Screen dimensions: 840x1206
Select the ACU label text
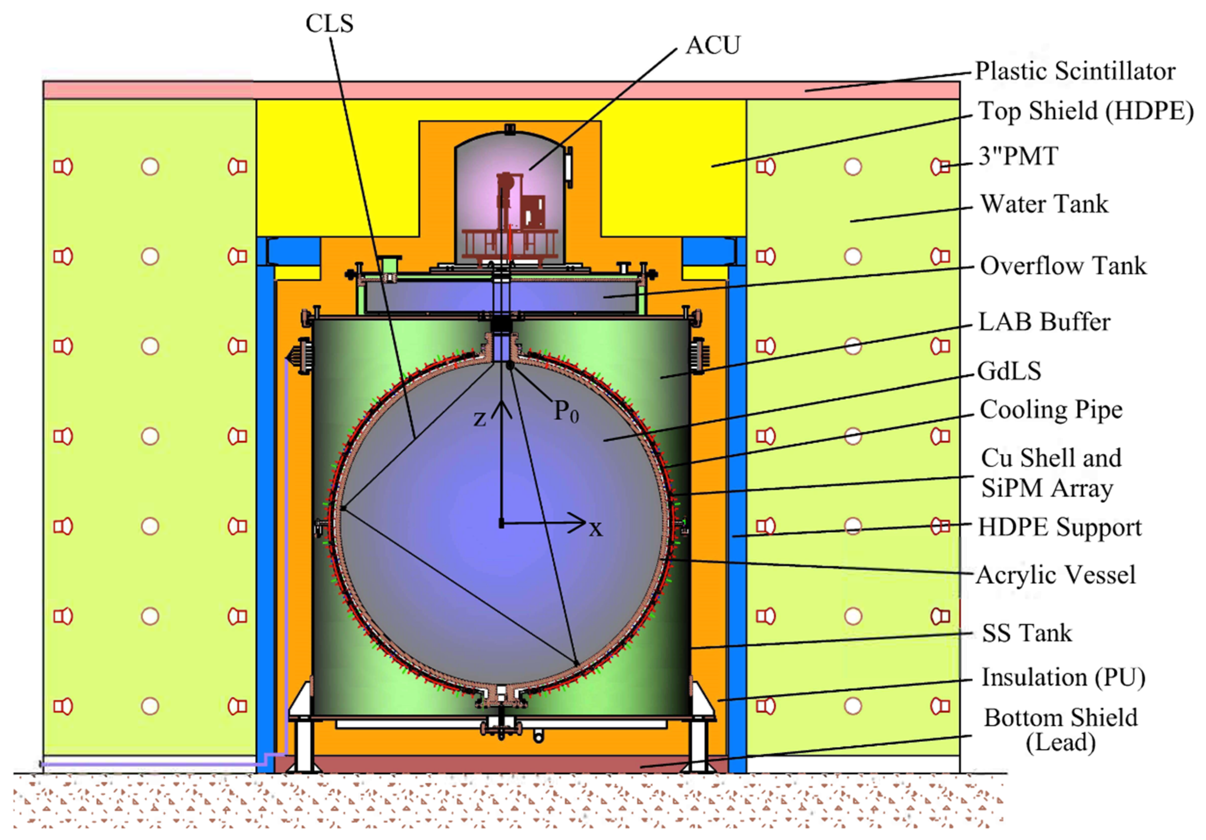[713, 46]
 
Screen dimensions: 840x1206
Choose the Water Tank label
[1044, 204]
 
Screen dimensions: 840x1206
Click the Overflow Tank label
[1063, 266]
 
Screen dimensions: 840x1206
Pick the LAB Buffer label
[1044, 322]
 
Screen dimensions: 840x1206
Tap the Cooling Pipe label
[1051, 410]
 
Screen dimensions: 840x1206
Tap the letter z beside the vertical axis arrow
[480, 419]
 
